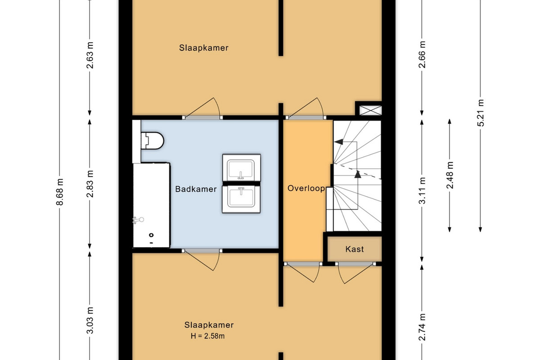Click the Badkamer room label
coord(196,189)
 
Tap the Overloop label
coord(306,188)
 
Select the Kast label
coord(355,249)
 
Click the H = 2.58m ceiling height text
coord(207,336)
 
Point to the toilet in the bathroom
coord(153,140)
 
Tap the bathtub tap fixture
coord(138,220)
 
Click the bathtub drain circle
coord(151,235)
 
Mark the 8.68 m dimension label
coord(59,192)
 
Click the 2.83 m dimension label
coord(90,184)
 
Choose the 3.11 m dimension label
coord(422,190)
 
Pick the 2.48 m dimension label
coord(450,175)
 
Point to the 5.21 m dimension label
coord(481,113)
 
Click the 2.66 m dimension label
coord(422,55)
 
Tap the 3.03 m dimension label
coord(90,320)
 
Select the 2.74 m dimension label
coord(422,327)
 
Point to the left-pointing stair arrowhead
coord(339,142)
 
